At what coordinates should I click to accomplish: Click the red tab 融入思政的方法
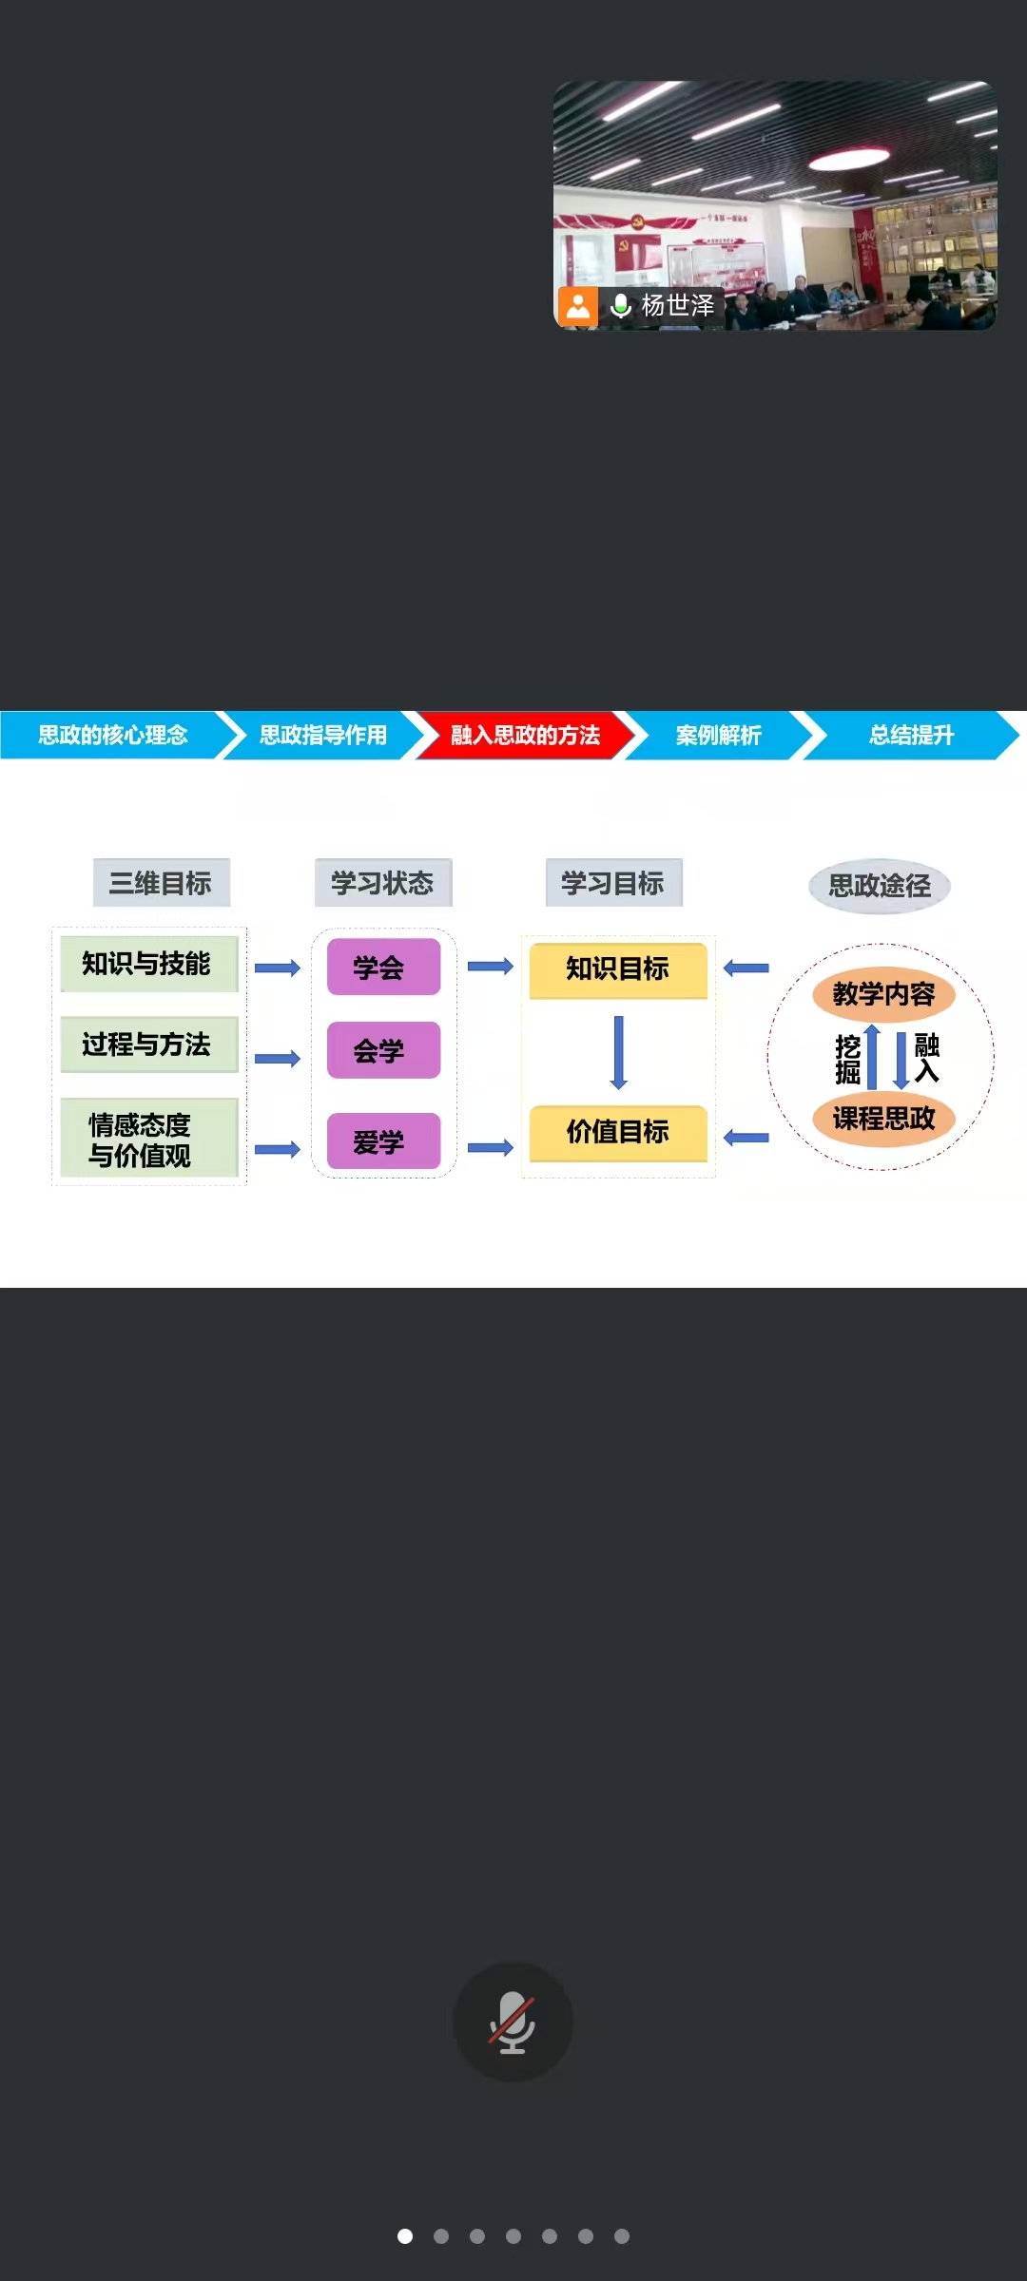click(x=525, y=735)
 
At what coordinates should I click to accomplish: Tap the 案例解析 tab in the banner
click(x=719, y=735)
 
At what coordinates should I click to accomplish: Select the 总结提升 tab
click(x=911, y=735)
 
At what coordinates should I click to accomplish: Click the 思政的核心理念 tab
click(x=112, y=735)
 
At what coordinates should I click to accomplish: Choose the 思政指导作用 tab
click(x=323, y=735)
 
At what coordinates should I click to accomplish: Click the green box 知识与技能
click(x=148, y=964)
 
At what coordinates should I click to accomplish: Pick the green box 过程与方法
click(x=148, y=1045)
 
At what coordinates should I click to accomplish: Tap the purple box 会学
click(x=383, y=1050)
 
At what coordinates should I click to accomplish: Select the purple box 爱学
click(x=383, y=1141)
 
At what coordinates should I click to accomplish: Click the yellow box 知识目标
click(x=618, y=969)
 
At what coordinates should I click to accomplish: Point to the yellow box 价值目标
click(x=618, y=1132)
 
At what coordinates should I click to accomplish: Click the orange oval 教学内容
click(x=883, y=994)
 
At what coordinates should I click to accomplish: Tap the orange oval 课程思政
click(x=883, y=1119)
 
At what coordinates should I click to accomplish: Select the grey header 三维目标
click(x=161, y=883)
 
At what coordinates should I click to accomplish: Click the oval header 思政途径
click(x=880, y=886)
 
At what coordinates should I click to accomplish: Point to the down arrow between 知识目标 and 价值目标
click(x=618, y=1052)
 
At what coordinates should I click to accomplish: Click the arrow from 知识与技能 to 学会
click(x=278, y=968)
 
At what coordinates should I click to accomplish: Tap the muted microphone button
click(x=513, y=2022)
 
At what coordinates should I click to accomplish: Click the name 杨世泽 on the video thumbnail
click(x=677, y=306)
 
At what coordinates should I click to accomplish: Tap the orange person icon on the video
click(x=578, y=306)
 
